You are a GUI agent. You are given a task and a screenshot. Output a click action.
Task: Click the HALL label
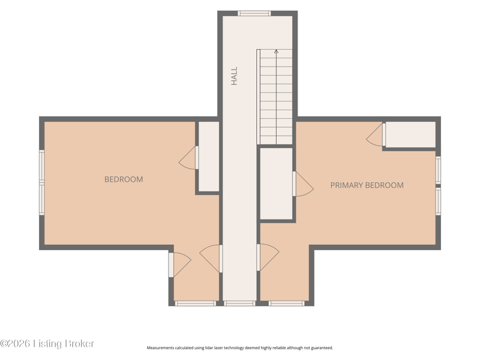point(234,76)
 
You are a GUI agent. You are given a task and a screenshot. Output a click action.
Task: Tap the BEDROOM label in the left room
point(124,179)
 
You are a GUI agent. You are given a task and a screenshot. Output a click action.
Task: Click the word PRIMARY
point(347,185)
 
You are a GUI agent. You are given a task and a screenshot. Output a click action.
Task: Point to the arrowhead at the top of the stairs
point(276,52)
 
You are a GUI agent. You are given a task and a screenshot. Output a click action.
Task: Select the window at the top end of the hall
point(254,13)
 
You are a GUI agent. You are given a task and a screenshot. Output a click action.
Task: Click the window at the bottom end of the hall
point(239,304)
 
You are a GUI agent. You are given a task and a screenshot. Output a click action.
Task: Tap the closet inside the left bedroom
point(209,157)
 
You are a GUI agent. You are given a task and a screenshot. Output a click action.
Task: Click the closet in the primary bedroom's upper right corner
point(410,134)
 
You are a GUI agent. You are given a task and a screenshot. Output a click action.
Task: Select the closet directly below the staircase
point(276,184)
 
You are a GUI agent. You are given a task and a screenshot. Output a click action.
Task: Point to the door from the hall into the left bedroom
point(211,259)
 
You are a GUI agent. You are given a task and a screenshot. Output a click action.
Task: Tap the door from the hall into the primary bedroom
point(268,257)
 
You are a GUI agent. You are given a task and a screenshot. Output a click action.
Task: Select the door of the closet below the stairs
point(303,184)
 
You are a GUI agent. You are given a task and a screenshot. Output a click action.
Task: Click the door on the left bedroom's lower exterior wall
point(179,265)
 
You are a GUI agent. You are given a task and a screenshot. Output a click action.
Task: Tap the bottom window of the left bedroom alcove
point(196,304)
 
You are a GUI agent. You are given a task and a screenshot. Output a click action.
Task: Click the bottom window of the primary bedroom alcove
point(287,304)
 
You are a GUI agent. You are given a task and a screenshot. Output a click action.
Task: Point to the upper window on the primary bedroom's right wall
point(438,170)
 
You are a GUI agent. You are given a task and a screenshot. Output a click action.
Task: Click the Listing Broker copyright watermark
point(47,343)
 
